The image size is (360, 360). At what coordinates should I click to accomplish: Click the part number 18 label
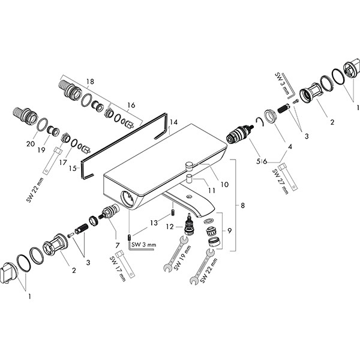coord(91,82)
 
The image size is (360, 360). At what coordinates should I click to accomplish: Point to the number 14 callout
coord(173,122)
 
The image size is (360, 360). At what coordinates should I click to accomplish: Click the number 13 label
coord(154,223)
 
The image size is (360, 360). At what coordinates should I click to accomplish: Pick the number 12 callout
coord(170,227)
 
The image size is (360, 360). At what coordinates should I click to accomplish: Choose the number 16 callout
coord(131,105)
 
